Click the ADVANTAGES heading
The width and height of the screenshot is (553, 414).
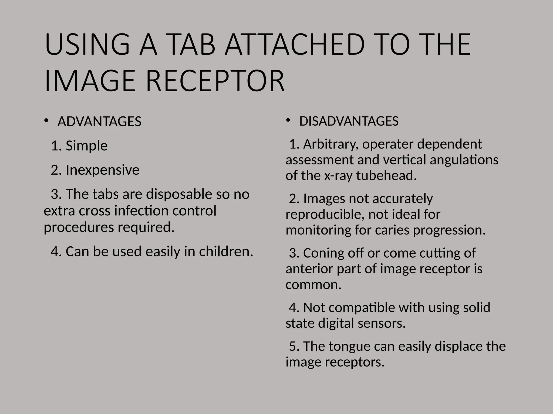pyautogui.click(x=99, y=122)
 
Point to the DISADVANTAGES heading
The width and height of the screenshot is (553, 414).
pyautogui.click(x=349, y=121)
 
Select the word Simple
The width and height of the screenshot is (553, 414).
pyautogui.click(x=87, y=146)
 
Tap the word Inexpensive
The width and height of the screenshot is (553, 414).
pyautogui.click(x=103, y=170)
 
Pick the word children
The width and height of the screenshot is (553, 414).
pyautogui.click(x=226, y=251)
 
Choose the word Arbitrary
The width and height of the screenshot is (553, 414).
pyautogui.click(x=331, y=144)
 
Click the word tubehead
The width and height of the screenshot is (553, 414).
pyautogui.click(x=386, y=175)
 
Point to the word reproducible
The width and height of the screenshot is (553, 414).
pyautogui.click(x=325, y=215)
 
